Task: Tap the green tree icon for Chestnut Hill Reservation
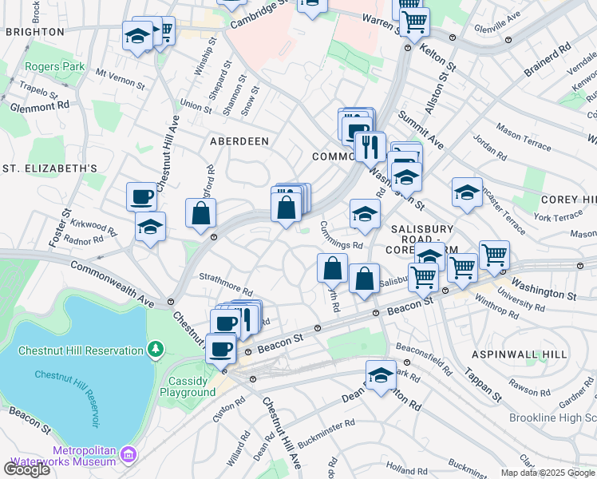pyautogui.click(x=156, y=349)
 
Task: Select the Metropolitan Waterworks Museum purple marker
pyautogui.click(x=128, y=456)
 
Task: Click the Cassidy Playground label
pyautogui.click(x=188, y=386)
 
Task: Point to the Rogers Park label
pyautogui.click(x=54, y=67)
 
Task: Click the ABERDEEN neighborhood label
pyautogui.click(x=239, y=141)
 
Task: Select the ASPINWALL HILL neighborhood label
pyautogui.click(x=530, y=354)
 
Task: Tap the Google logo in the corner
pyautogui.click(x=26, y=469)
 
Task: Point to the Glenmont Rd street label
pyautogui.click(x=40, y=105)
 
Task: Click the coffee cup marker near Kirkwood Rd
pyautogui.click(x=141, y=196)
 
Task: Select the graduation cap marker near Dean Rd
pyautogui.click(x=382, y=374)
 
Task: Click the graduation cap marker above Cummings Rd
pyautogui.click(x=365, y=213)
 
